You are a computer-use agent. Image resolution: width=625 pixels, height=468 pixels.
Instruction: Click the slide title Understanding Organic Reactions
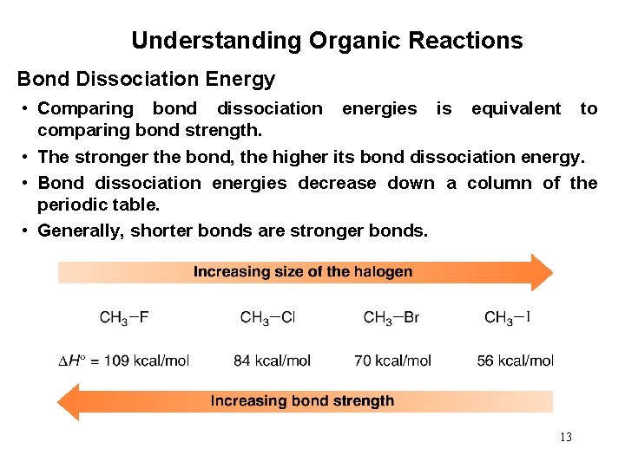coord(326,41)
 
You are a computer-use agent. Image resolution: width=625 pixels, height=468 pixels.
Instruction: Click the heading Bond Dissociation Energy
coord(146,80)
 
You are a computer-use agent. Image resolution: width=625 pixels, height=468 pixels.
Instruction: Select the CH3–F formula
coord(124,318)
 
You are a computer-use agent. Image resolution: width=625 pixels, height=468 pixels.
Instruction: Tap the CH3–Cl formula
coord(267,318)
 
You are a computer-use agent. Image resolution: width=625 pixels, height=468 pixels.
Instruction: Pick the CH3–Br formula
coord(391,318)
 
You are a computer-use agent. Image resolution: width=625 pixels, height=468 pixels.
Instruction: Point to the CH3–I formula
coord(508,318)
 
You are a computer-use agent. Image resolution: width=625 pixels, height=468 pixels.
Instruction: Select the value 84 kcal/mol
coord(272,361)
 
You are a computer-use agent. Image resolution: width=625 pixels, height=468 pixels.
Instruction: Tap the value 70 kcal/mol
coord(392,361)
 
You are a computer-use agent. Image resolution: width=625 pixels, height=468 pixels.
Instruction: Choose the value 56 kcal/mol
coord(515,361)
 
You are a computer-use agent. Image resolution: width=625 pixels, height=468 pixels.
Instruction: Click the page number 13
coord(566,437)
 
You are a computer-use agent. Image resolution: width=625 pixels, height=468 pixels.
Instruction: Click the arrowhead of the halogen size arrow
coord(540,272)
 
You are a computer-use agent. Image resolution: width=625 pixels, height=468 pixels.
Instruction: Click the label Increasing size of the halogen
coord(303,272)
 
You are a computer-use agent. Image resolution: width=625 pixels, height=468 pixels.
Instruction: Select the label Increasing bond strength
coord(302,401)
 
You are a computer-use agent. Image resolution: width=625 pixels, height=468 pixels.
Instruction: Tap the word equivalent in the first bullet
coord(516,109)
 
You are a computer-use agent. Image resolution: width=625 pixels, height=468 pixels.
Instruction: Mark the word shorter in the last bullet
coord(160,231)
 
